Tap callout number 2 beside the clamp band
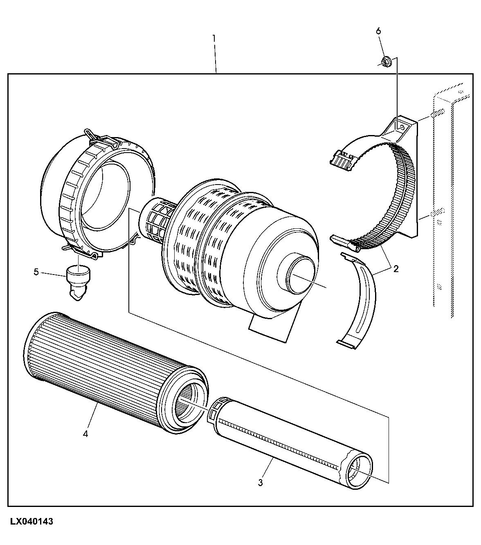[x=396, y=269]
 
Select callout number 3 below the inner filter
[x=260, y=482]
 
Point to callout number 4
[x=85, y=434]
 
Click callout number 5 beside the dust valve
[x=36, y=272]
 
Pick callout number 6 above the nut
[x=378, y=31]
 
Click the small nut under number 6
[x=385, y=62]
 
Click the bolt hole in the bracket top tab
[x=403, y=127]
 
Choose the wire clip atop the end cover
[x=98, y=137]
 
